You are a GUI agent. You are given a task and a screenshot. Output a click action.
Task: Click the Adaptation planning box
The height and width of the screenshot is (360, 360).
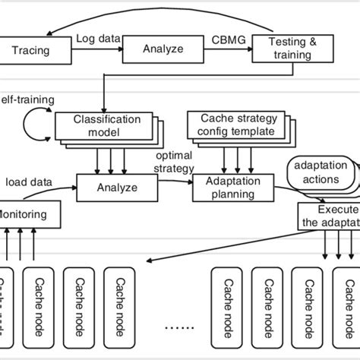pyautogui.click(x=228, y=184)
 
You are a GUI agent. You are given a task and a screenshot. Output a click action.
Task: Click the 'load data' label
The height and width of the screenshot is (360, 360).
pyautogui.click(x=29, y=182)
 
